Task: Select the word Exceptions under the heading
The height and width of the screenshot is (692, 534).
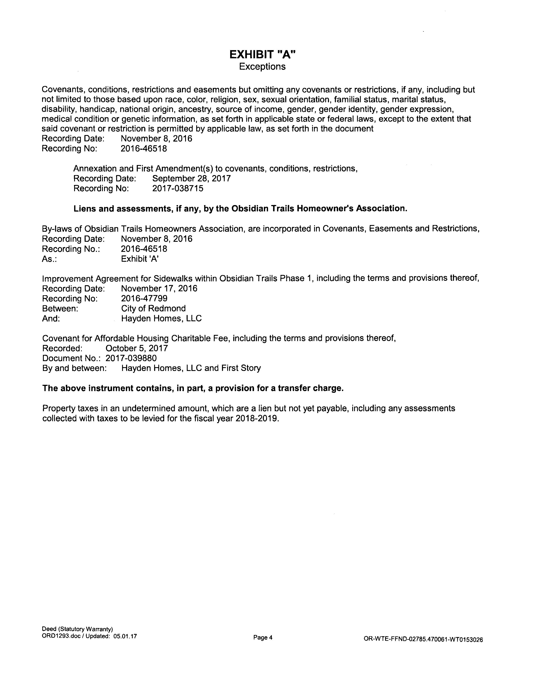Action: click(x=262, y=66)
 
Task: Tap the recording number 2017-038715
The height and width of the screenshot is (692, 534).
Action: click(x=178, y=189)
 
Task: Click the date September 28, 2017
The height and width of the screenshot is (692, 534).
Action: click(x=191, y=178)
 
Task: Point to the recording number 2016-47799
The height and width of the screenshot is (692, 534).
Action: click(x=144, y=298)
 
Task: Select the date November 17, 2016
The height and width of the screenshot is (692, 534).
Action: click(x=159, y=288)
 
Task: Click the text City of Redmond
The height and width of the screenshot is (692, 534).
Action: click(x=153, y=308)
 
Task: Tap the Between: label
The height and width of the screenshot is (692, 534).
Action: click(x=60, y=308)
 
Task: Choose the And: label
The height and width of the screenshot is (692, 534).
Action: click(x=51, y=319)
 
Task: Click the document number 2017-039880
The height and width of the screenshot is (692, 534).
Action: click(x=131, y=358)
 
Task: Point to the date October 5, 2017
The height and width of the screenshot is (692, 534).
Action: click(x=137, y=348)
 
